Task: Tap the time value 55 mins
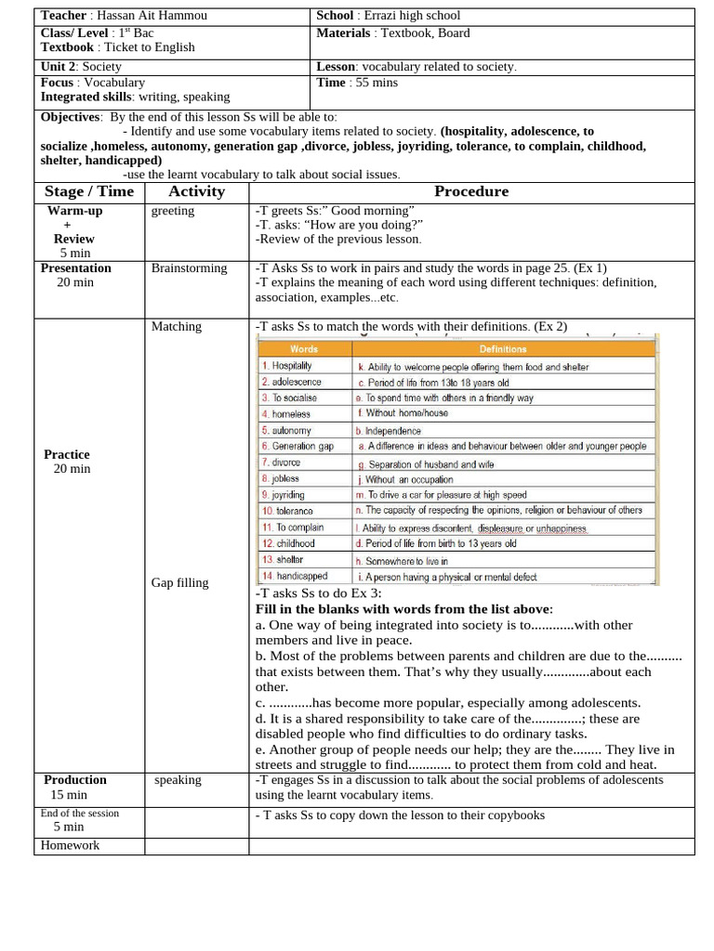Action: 374,83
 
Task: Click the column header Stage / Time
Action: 89,191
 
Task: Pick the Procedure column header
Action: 471,191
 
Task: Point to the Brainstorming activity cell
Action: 189,268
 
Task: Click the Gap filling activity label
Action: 179,582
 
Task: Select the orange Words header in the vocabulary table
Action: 304,349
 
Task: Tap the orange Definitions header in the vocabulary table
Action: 502,349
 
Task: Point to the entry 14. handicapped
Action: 295,577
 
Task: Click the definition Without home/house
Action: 406,413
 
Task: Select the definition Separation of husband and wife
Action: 431,463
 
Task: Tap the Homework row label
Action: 70,845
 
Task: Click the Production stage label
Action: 75,780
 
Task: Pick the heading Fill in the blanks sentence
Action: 404,609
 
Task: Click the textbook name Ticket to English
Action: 149,47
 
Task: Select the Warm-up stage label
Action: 75,211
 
